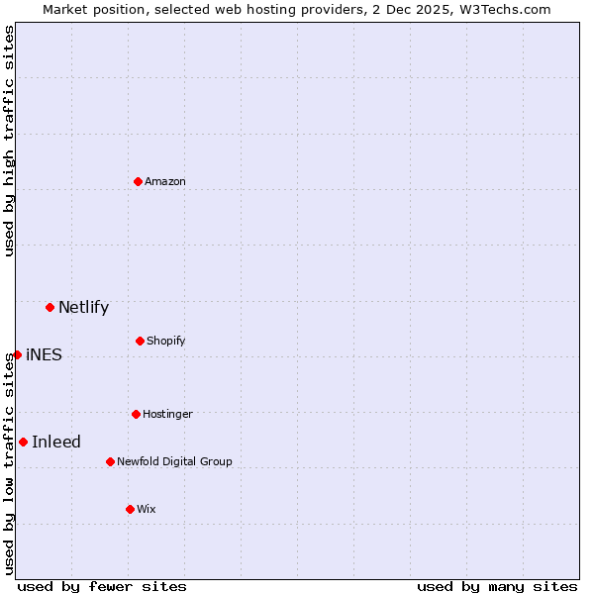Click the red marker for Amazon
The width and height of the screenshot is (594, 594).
139,181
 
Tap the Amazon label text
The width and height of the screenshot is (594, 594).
165,181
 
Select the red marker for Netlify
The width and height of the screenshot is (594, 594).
49,307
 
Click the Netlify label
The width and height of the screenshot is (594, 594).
83,307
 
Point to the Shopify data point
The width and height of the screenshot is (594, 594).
140,341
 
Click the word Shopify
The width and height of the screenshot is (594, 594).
166,341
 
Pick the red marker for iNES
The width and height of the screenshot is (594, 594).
17,354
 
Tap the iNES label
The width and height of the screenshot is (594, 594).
44,354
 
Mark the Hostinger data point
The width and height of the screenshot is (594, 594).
136,414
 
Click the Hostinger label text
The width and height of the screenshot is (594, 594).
167,414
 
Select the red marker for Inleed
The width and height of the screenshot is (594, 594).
23,442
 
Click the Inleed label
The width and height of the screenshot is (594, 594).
56,442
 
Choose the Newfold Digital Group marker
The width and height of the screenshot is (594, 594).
110,461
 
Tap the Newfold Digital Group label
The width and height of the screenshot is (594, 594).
174,461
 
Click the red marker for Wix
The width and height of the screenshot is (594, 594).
130,509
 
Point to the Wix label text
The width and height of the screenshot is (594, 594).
147,509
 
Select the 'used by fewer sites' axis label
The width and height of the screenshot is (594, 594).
102,586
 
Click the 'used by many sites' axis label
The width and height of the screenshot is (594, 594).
497,586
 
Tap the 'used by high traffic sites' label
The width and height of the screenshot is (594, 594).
9,141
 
